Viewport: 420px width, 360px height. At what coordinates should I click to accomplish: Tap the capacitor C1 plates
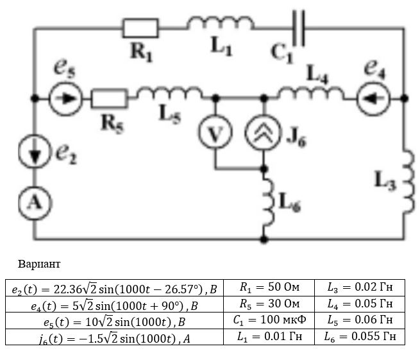point(298,28)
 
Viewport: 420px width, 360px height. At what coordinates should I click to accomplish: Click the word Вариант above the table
point(39,264)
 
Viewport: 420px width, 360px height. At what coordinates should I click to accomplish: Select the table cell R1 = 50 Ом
point(269,287)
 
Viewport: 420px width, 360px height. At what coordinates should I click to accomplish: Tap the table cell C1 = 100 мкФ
point(269,320)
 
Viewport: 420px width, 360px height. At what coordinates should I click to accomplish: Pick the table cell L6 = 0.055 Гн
point(360,337)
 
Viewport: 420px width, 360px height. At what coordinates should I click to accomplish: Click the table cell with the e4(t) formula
point(114,304)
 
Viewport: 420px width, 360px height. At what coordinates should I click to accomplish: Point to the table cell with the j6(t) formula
point(114,337)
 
